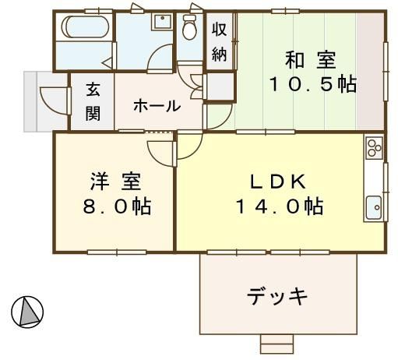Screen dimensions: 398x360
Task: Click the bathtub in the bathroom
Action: click(85, 26)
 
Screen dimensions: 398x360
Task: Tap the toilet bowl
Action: click(189, 27)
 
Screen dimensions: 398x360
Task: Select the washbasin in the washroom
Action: click(163, 22)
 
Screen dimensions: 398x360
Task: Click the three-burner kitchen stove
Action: click(374, 148)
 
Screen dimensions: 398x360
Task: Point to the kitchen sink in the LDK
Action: click(374, 208)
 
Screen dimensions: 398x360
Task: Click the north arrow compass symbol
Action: click(27, 312)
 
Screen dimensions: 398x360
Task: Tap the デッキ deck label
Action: click(277, 296)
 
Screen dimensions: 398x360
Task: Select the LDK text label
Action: click(278, 182)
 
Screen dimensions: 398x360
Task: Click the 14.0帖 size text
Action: click(280, 206)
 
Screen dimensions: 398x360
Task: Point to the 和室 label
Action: click(311, 60)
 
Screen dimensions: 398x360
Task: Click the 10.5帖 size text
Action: click(313, 84)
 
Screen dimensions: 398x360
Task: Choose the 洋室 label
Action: click(116, 182)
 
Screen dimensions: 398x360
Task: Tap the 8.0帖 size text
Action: click(117, 206)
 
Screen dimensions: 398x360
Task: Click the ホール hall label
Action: click(157, 106)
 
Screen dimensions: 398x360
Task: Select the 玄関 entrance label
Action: click(93, 101)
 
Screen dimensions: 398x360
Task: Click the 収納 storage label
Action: click(220, 42)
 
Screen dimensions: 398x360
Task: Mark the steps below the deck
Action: click(276, 344)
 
